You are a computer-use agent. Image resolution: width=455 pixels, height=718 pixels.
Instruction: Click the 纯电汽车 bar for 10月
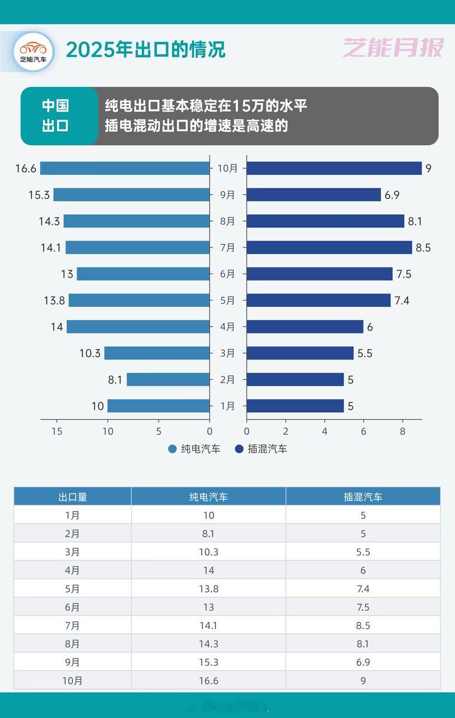124,168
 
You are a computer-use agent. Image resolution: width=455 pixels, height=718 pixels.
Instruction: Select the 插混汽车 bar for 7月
329,247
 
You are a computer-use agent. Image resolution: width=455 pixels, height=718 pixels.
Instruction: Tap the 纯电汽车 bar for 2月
168,380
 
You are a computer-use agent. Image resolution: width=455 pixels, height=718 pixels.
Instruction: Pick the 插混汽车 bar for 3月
300,353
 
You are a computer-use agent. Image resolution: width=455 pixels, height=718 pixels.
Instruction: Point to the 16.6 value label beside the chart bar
26,168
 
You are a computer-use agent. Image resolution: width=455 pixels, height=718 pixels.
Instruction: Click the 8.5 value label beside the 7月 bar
424,247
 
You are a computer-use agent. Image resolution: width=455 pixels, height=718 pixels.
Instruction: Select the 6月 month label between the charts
227,274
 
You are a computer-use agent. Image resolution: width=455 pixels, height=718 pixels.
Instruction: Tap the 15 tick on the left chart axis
56,431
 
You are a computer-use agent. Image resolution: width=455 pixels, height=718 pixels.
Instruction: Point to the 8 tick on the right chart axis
402,431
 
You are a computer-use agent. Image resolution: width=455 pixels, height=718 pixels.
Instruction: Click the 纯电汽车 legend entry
194,449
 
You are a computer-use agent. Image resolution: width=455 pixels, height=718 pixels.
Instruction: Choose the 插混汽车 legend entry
261,449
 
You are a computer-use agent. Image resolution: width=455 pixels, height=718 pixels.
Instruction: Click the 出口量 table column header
73,496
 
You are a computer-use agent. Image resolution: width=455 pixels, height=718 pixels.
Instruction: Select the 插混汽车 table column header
363,496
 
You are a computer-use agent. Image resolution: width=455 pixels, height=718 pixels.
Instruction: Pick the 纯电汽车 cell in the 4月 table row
208,570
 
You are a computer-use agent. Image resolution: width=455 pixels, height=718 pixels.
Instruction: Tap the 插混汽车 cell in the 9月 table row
363,662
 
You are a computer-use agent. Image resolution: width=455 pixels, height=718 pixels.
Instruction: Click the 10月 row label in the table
73,681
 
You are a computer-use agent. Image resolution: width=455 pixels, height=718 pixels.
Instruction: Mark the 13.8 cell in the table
208,589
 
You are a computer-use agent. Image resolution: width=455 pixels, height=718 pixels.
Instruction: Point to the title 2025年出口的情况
146,49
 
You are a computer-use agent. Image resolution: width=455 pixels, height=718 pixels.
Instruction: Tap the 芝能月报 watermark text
393,48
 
